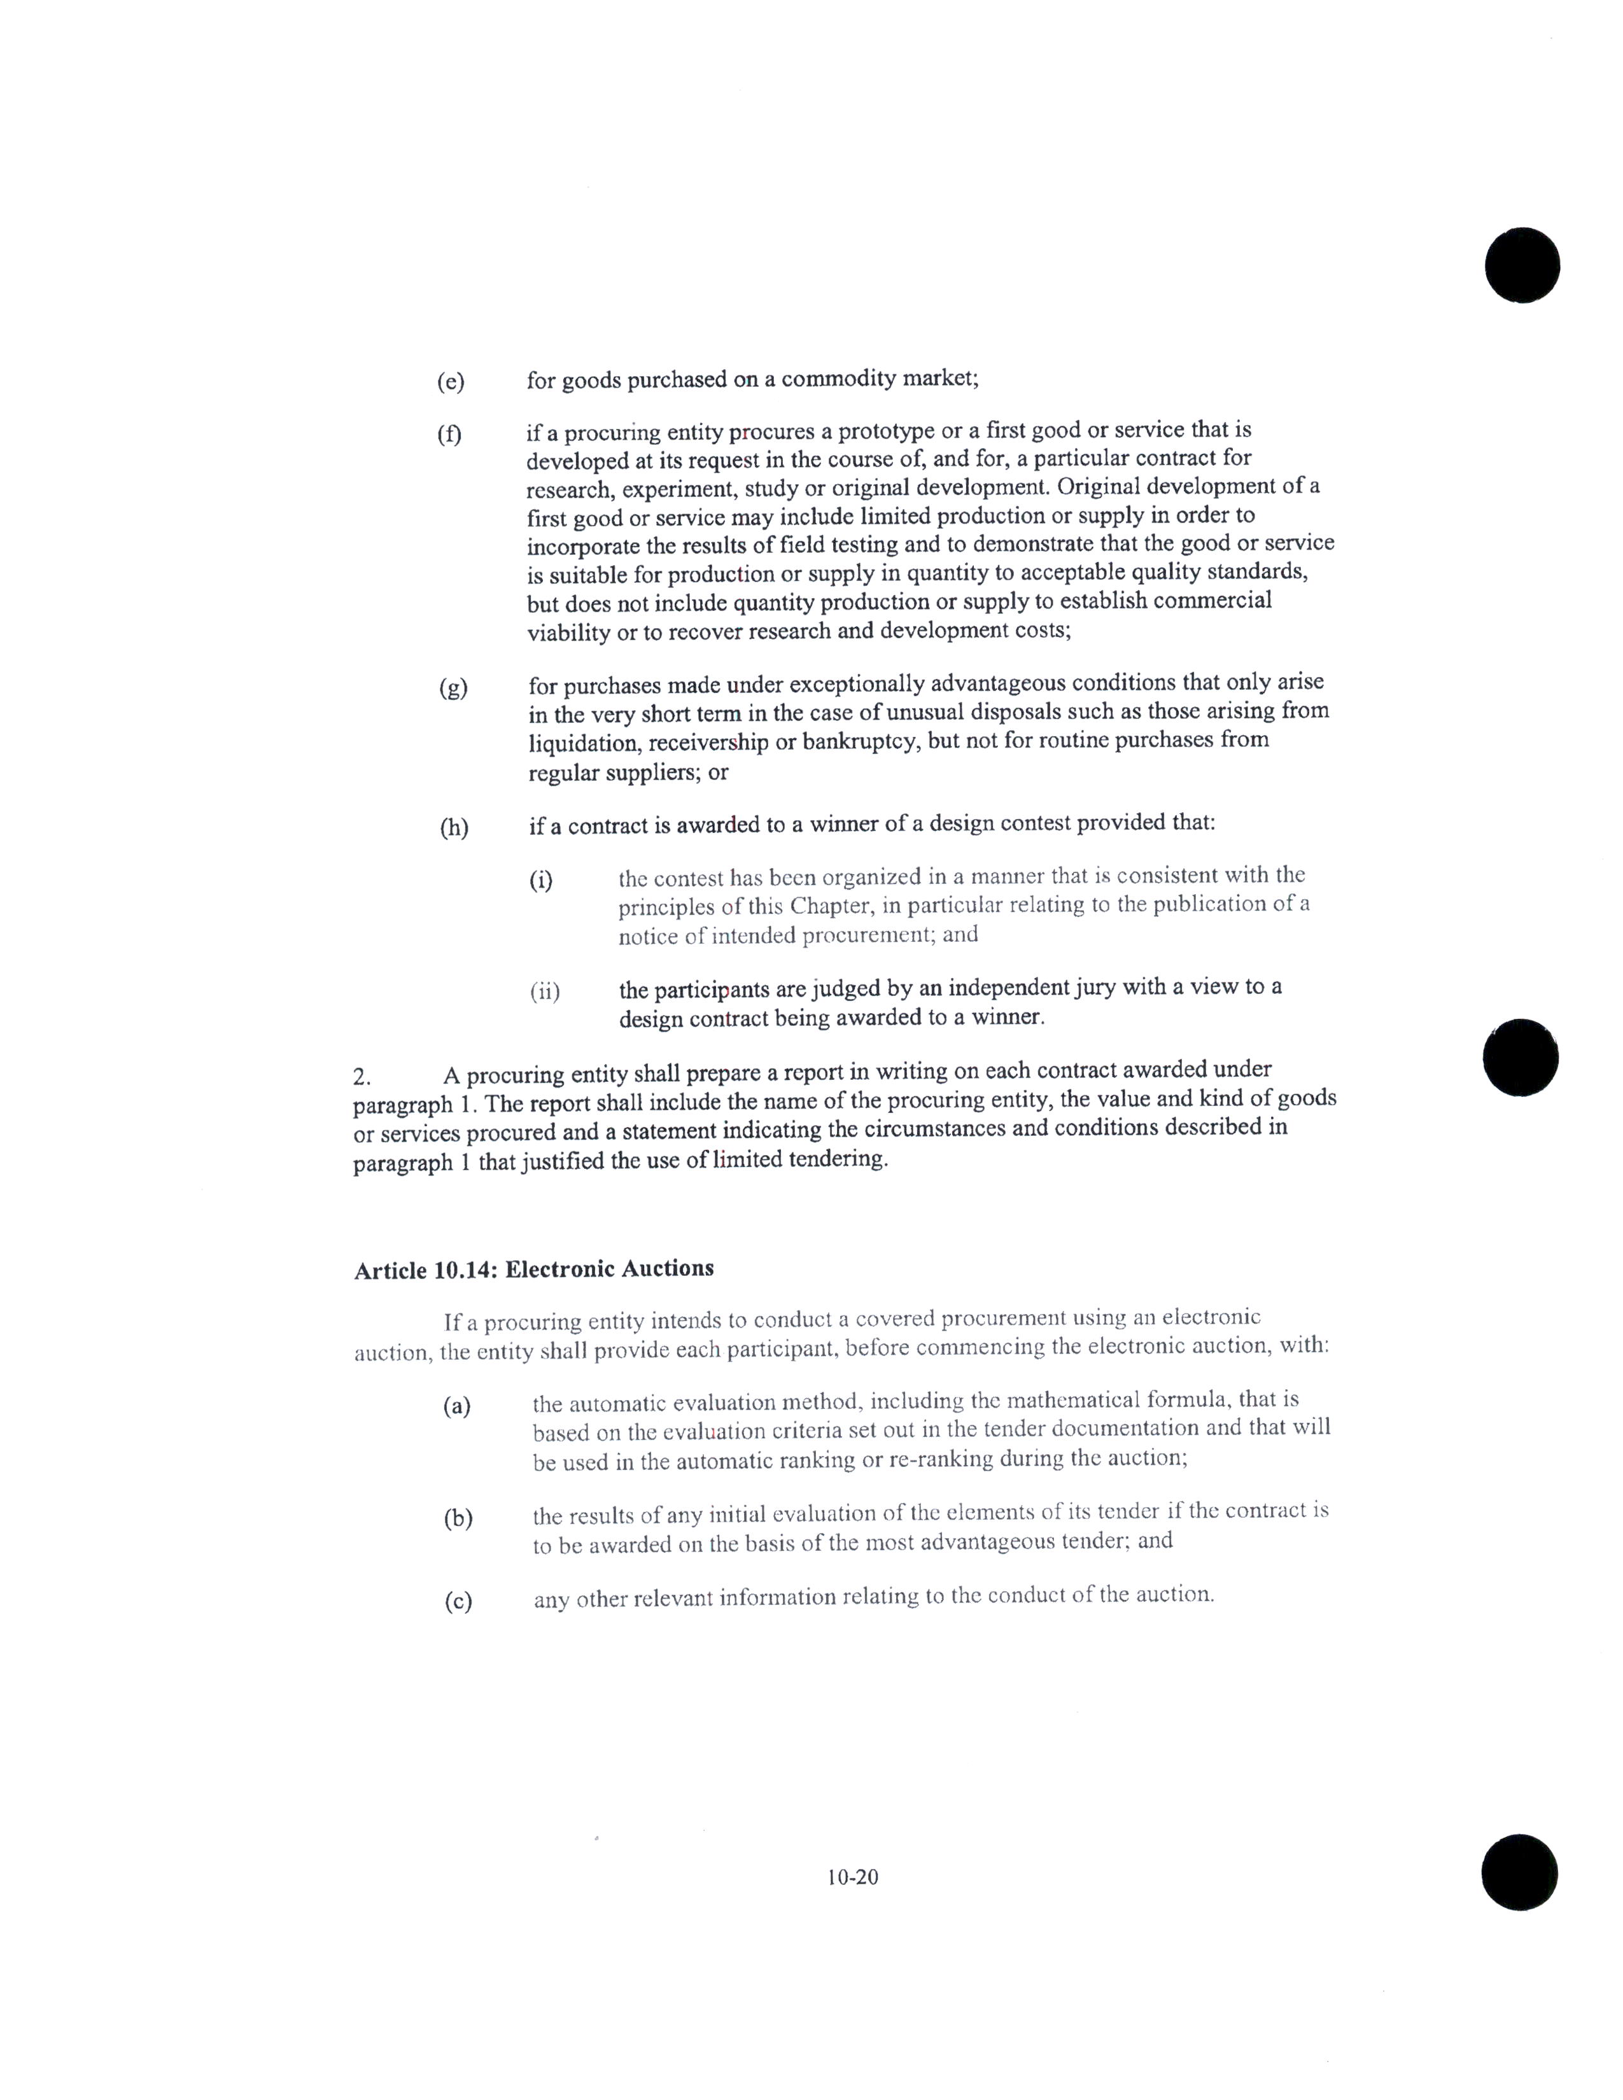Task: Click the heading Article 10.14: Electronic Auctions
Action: (533, 1270)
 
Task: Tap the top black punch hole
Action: (1521, 265)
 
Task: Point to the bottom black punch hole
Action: (1519, 1872)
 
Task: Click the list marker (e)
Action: (450, 382)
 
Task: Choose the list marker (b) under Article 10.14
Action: (458, 1518)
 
